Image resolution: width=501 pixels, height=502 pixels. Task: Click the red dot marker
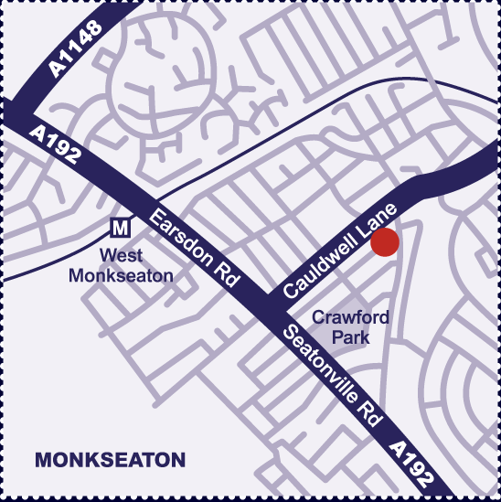(385, 243)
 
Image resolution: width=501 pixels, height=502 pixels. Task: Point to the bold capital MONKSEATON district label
(110, 460)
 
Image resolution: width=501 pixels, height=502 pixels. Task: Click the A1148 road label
(76, 53)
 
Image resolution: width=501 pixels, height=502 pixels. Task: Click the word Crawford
(351, 318)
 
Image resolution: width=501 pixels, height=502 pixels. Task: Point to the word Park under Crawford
(351, 336)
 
